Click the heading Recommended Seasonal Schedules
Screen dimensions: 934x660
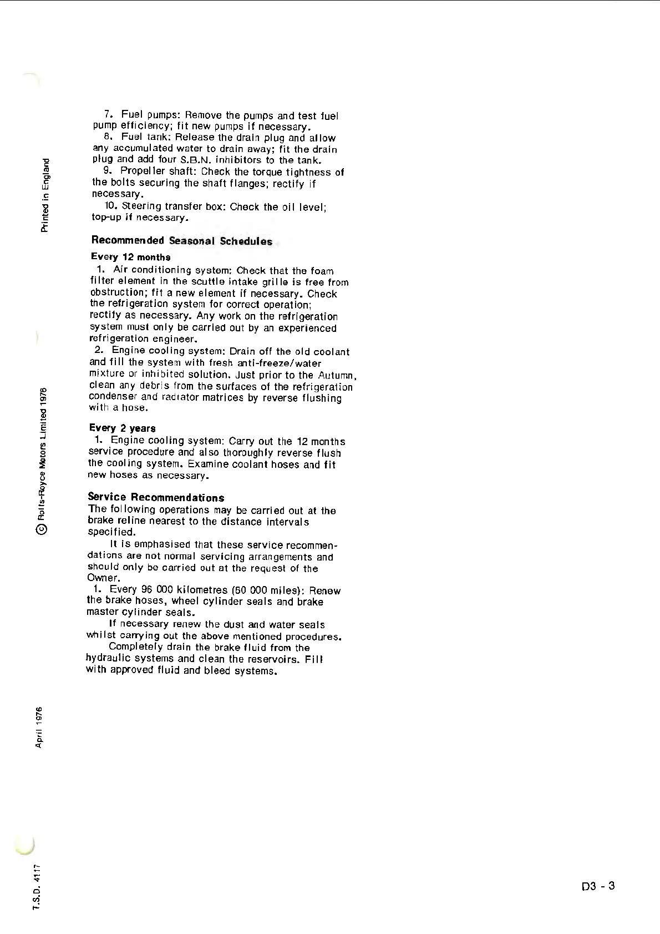pyautogui.click(x=181, y=241)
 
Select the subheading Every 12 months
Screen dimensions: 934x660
pyautogui.click(x=130, y=257)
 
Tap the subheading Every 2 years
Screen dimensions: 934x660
pyautogui.click(x=122, y=428)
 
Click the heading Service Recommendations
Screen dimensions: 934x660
pyautogui.click(x=156, y=497)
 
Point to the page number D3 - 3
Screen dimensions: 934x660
pyautogui.click(x=598, y=886)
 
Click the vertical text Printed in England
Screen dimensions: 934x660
pyautogui.click(x=45, y=195)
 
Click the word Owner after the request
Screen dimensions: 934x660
pyautogui.click(x=103, y=578)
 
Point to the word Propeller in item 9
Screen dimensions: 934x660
pyautogui.click(x=143, y=171)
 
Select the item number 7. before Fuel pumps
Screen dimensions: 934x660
pyautogui.click(x=109, y=115)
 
